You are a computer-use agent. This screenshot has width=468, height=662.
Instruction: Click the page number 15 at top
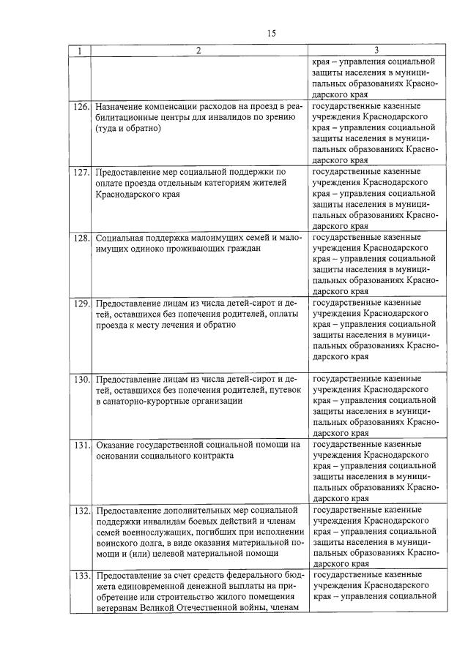pyautogui.click(x=271, y=33)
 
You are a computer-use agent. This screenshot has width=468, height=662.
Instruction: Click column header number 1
pyautogui.click(x=79, y=50)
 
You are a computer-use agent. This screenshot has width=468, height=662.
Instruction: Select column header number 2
pyautogui.click(x=198, y=50)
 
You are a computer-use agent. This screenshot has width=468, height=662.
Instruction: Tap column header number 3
pyautogui.click(x=376, y=50)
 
